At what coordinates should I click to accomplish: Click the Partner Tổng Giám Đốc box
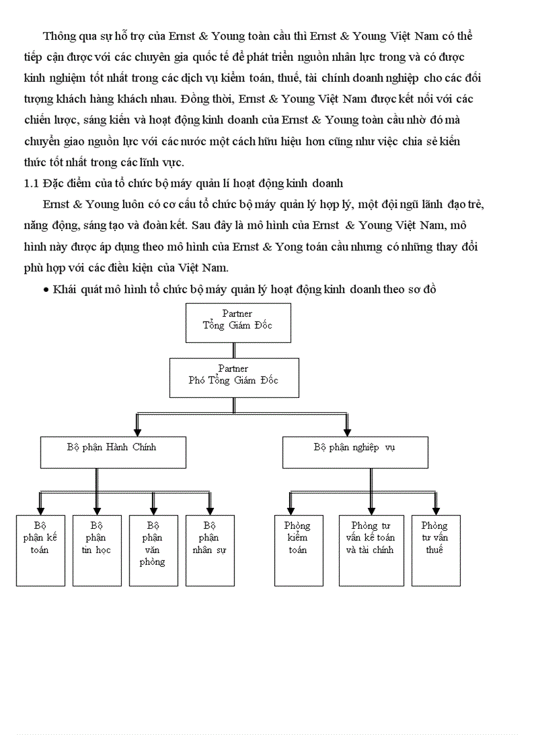tap(238, 323)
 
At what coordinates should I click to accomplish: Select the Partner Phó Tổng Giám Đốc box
tap(234, 377)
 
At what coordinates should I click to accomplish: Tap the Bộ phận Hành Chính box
tap(112, 452)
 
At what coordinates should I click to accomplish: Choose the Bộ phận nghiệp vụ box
tap(355, 452)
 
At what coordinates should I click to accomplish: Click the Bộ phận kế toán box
tap(40, 550)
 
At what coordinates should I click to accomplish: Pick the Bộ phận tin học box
tap(96, 550)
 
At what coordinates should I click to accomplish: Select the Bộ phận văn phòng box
tap(153, 550)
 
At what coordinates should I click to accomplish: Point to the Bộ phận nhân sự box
tap(210, 550)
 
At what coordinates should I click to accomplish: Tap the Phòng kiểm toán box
tap(298, 550)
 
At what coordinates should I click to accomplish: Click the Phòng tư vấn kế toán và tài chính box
tap(371, 550)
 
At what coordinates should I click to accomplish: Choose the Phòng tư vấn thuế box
tap(435, 550)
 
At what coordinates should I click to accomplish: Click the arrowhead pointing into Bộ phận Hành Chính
tap(137, 431)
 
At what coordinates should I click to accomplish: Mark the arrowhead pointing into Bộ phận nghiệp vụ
tap(347, 431)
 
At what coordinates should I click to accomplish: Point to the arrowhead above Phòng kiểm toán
tap(290, 511)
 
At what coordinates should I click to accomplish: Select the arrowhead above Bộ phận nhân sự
tap(210, 511)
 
